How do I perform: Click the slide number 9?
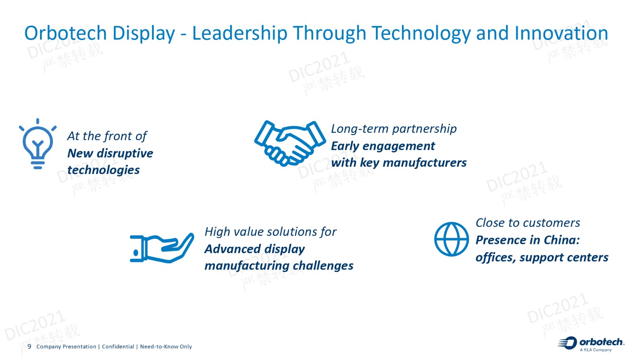(x=29, y=346)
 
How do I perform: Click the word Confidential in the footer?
(x=118, y=346)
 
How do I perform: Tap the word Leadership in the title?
(x=240, y=34)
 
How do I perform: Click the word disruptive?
(x=125, y=154)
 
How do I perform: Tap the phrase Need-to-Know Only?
(x=166, y=346)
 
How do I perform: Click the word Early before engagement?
(x=345, y=146)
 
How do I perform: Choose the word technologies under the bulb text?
(x=104, y=170)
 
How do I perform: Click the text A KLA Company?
(x=596, y=350)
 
